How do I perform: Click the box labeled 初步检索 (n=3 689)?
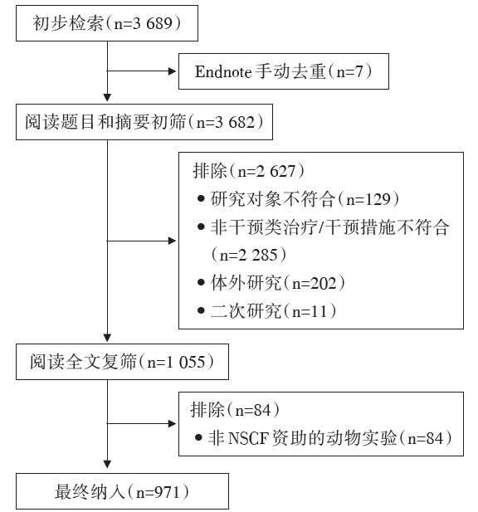[x=107, y=23]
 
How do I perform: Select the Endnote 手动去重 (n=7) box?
[x=284, y=71]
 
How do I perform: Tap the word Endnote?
[x=223, y=71]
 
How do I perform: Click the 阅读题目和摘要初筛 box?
[x=144, y=122]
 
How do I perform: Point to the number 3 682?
[x=234, y=123]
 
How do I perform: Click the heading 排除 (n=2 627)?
[x=248, y=171]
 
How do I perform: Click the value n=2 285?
[x=249, y=255]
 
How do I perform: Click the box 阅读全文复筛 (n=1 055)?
[x=122, y=362]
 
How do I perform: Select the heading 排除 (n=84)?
[x=235, y=410]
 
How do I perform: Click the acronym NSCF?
[x=248, y=438]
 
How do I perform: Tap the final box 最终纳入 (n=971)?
[x=122, y=491]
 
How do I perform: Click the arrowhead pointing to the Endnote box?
[x=172, y=71]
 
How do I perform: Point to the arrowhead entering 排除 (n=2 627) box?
[x=172, y=241]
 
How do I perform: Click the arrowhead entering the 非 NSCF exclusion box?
[x=172, y=424]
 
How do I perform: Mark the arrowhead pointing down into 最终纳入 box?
[x=107, y=465]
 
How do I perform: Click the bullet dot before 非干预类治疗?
[x=201, y=227]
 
